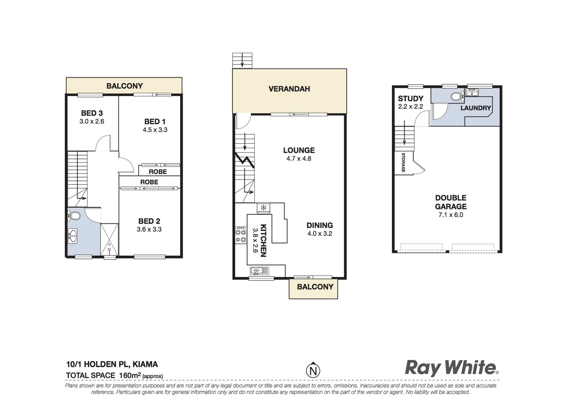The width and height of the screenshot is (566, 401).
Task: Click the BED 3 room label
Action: pyautogui.click(x=92, y=113)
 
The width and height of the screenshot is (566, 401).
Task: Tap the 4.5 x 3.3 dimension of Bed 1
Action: pyautogui.click(x=155, y=130)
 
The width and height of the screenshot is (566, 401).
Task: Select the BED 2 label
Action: pyautogui.click(x=149, y=221)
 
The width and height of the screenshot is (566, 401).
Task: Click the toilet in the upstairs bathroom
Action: pyautogui.click(x=75, y=216)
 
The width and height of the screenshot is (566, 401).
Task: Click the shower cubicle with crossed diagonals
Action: pyautogui.click(x=109, y=239)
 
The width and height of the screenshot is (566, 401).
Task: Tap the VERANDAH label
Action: pyautogui.click(x=289, y=89)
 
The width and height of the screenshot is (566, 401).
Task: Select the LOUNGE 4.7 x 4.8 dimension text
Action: pyautogui.click(x=299, y=159)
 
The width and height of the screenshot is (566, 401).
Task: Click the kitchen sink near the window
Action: pyautogui.click(x=259, y=271)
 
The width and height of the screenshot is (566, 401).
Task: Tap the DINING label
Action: pyautogui.click(x=320, y=225)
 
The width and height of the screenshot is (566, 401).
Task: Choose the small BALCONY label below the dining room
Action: pyautogui.click(x=315, y=287)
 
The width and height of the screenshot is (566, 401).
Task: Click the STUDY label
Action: pyautogui.click(x=410, y=99)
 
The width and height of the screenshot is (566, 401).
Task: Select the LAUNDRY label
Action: pyautogui.click(x=476, y=108)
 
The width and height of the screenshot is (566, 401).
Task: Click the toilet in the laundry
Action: pyautogui.click(x=457, y=97)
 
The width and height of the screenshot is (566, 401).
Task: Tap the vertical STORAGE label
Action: pyautogui.click(x=403, y=163)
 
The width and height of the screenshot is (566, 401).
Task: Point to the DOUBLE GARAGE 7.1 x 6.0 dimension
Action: pyautogui.click(x=451, y=215)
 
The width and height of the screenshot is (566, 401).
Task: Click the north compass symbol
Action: pyautogui.click(x=313, y=370)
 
